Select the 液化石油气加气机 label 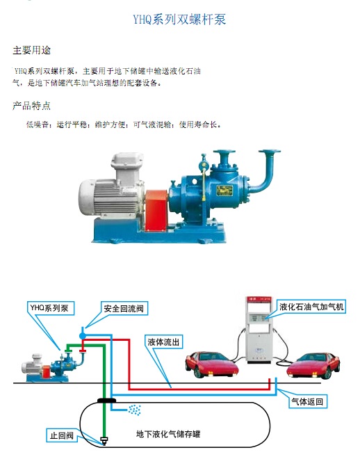311,306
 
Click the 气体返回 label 306,401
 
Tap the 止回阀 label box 61,436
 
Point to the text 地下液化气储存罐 172,434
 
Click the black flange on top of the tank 107,401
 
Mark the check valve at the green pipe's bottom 104,440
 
